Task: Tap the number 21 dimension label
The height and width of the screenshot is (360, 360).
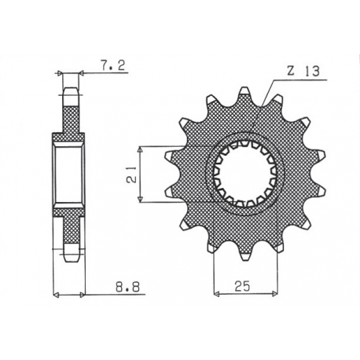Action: (x=130, y=174)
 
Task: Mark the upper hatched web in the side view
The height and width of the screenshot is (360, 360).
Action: (x=70, y=118)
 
